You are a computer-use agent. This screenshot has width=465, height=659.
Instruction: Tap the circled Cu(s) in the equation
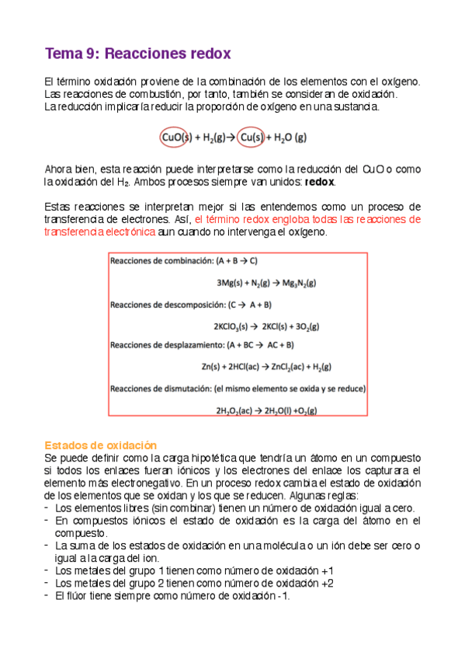255,138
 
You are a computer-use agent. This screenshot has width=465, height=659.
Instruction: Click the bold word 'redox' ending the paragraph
320,181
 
